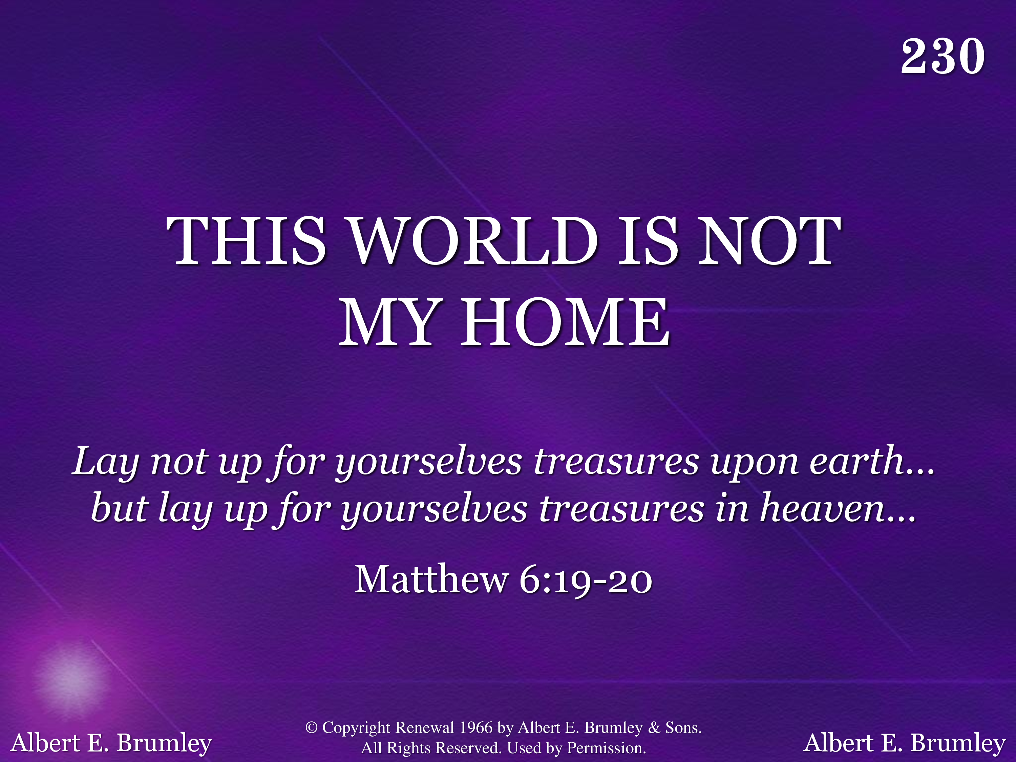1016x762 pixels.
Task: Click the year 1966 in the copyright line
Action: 476,727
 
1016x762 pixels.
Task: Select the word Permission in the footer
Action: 606,748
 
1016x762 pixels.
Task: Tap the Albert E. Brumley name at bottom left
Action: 111,743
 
